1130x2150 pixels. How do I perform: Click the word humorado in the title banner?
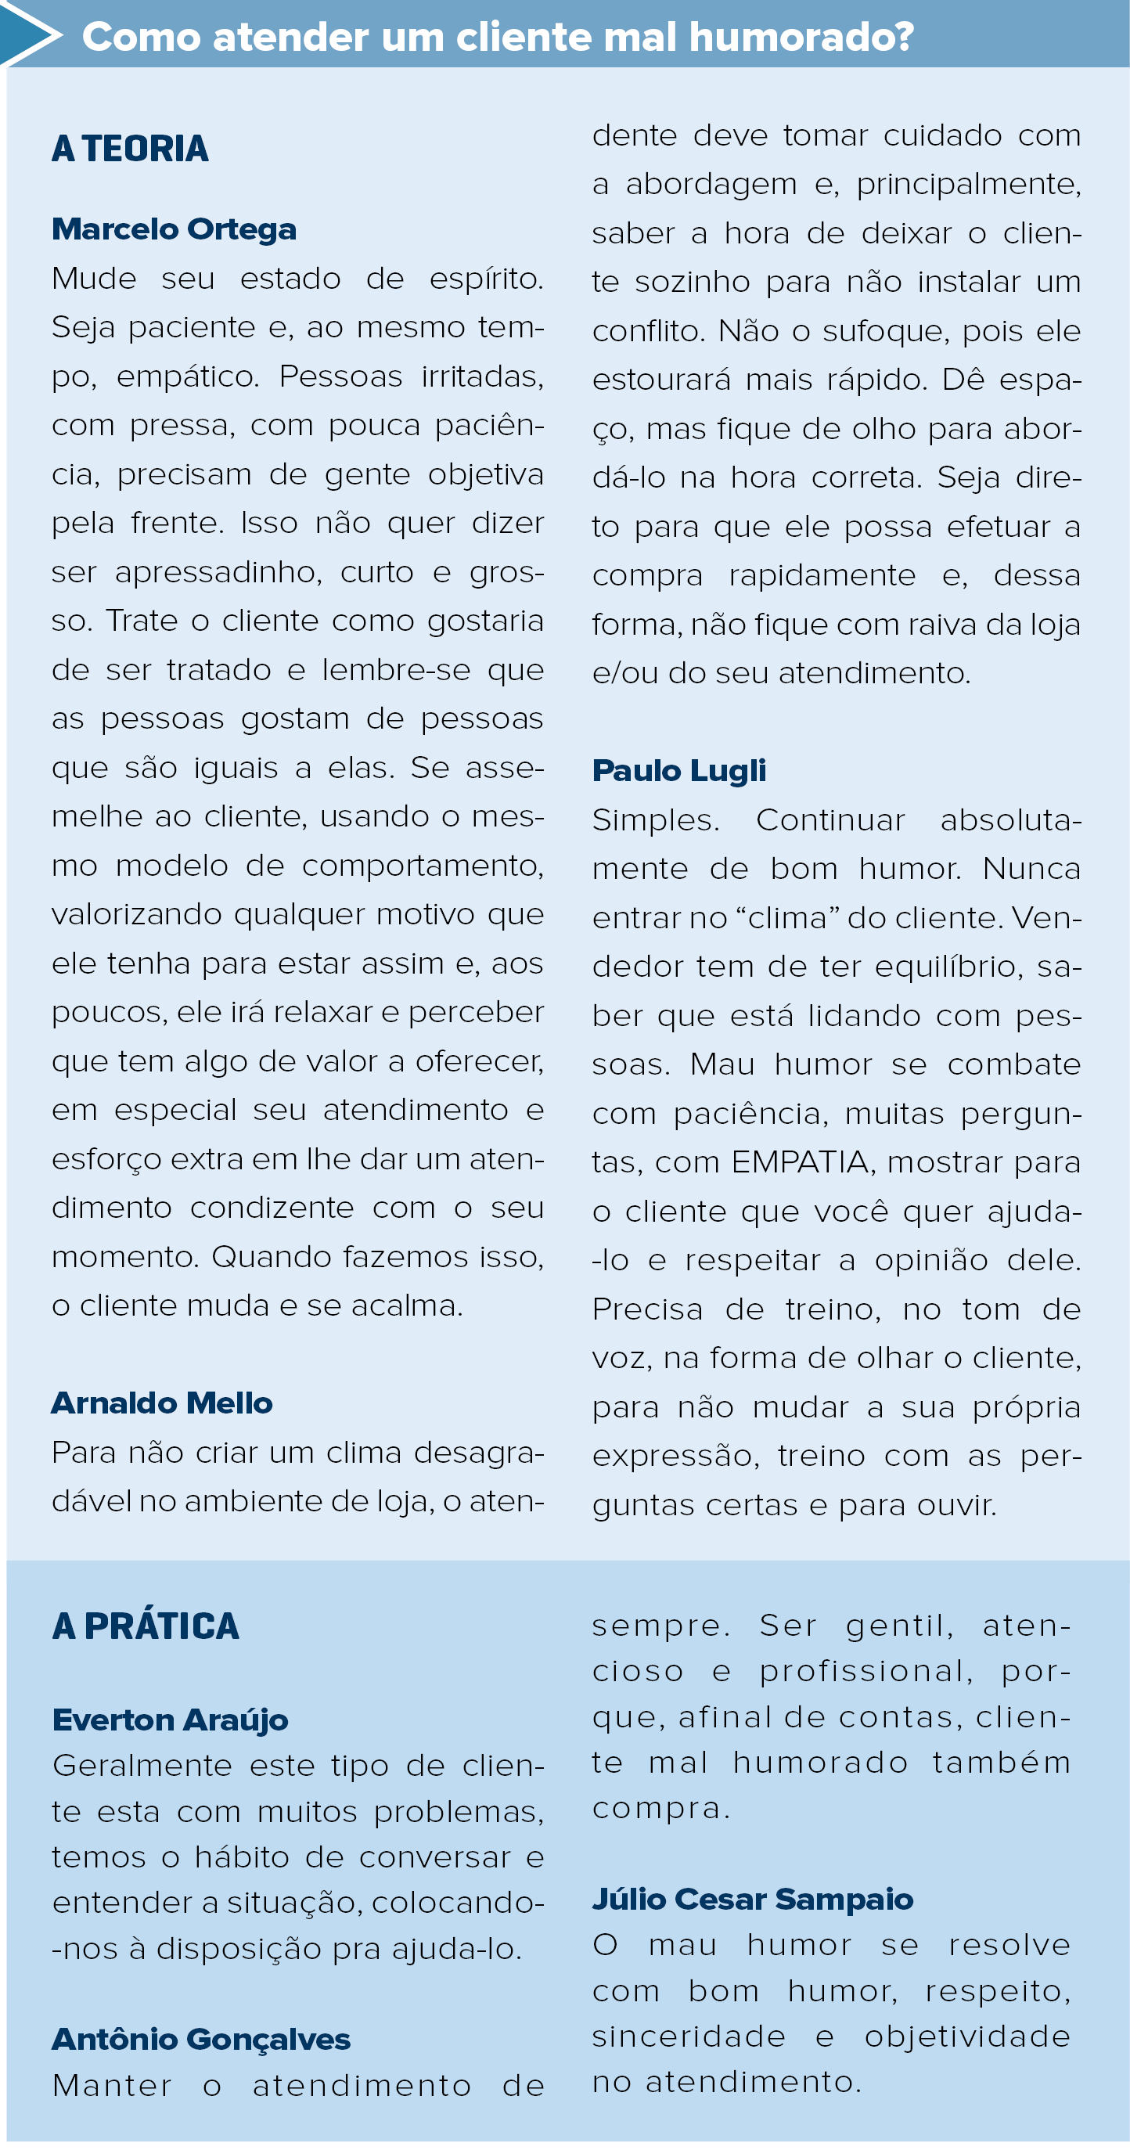(x=801, y=38)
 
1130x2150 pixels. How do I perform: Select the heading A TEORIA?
(x=130, y=149)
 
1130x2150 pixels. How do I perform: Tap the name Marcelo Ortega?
(x=174, y=229)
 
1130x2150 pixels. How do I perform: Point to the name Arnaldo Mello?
(x=162, y=1403)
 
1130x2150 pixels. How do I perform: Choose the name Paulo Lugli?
(x=678, y=770)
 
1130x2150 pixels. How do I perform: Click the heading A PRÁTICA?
(x=146, y=1626)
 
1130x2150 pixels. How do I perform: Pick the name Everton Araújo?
(x=171, y=1720)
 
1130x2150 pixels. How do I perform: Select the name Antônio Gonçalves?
(x=200, y=2039)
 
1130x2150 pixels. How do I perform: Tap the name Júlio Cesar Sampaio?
(x=752, y=1899)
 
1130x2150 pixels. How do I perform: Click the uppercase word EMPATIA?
(x=801, y=1161)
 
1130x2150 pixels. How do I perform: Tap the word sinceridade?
(x=689, y=2037)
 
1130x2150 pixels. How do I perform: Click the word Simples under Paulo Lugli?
(x=655, y=819)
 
